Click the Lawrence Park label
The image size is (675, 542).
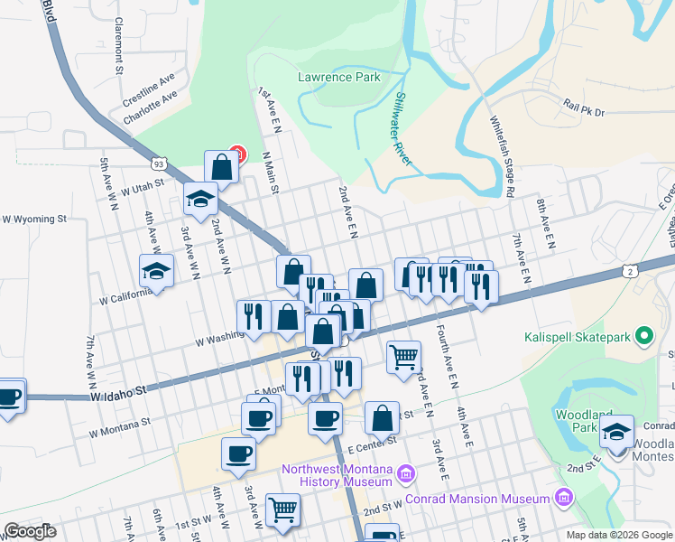(x=339, y=78)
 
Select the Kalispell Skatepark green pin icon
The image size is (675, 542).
(x=643, y=338)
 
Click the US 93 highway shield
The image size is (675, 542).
(x=159, y=164)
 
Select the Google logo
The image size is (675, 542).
(x=30, y=531)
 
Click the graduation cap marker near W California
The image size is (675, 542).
(x=156, y=270)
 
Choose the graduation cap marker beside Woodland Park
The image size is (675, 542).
(x=617, y=431)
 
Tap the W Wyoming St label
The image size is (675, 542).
(x=34, y=219)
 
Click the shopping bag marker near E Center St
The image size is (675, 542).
(x=382, y=417)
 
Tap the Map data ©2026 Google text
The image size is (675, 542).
(x=618, y=535)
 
